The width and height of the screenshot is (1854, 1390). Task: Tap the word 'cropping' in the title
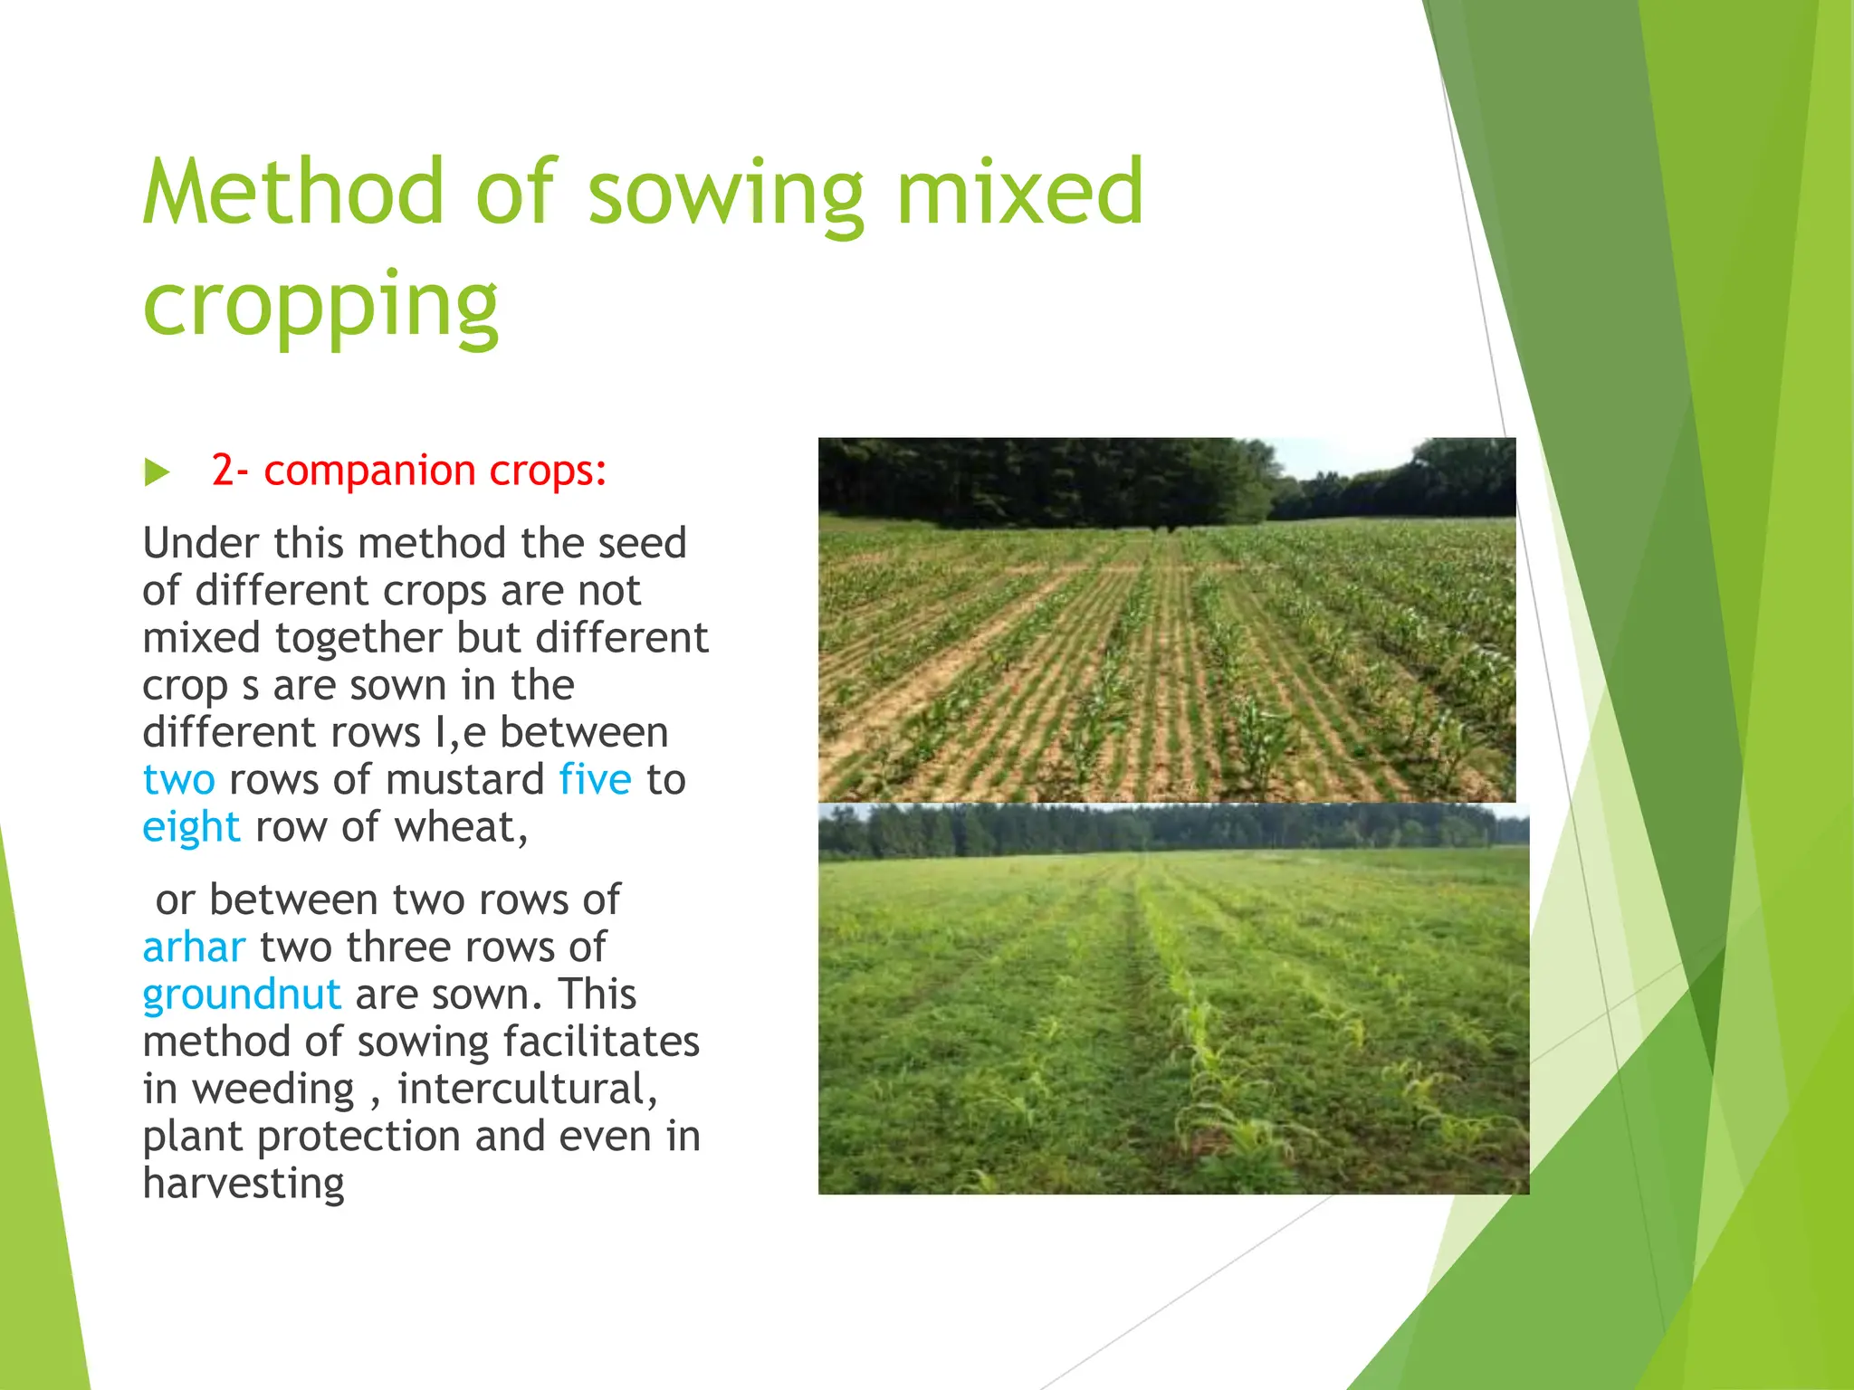coord(320,306)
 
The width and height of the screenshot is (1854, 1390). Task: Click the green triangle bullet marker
coord(157,471)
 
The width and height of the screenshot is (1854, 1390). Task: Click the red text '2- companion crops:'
coord(408,471)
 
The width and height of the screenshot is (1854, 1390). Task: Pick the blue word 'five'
coord(595,779)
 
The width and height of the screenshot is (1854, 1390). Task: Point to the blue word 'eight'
coord(191,827)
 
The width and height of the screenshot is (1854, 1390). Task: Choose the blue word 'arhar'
coord(194,947)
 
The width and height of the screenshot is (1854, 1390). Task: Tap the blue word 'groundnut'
coord(242,995)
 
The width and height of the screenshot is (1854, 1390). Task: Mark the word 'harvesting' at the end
coord(244,1183)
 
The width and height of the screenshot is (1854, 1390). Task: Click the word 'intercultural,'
coord(528,1089)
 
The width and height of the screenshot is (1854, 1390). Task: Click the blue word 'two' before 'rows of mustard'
coord(178,779)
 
